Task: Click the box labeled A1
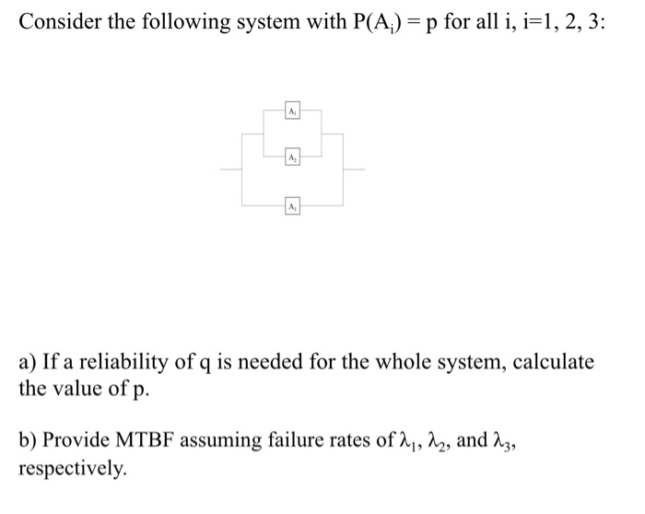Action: tap(291, 110)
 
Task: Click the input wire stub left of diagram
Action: tap(230, 169)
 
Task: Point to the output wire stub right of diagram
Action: tap(354, 169)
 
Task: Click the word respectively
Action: tap(71, 467)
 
